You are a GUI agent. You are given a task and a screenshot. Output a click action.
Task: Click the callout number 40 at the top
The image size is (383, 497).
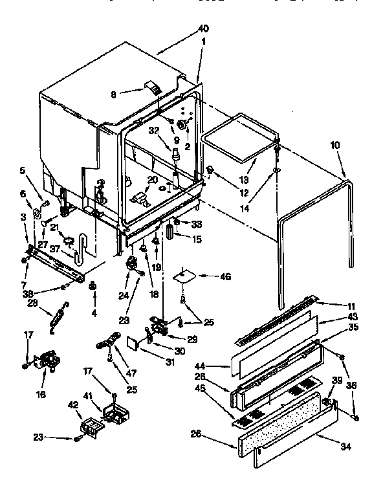(x=204, y=28)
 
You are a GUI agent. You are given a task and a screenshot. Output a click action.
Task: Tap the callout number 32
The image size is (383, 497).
(x=153, y=129)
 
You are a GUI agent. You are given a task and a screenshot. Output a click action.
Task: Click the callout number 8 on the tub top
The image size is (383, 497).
(x=113, y=94)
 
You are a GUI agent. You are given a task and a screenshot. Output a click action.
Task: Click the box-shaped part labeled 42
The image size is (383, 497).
(x=90, y=426)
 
